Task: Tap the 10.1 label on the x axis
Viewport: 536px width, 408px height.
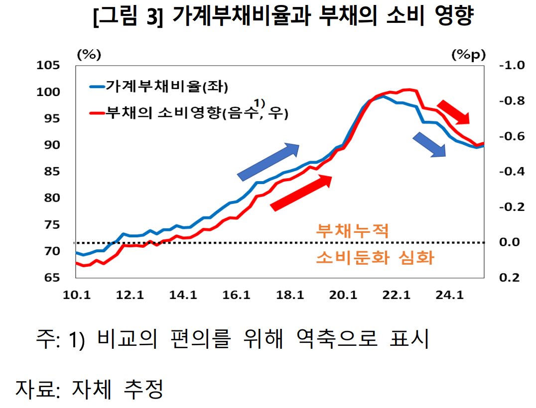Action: coord(76,296)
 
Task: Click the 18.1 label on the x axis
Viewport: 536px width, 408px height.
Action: coord(290,296)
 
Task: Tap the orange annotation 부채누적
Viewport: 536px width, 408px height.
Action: coord(352,230)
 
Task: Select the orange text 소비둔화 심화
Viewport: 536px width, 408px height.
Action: coord(375,258)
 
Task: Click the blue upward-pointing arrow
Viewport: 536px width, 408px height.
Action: coord(268,161)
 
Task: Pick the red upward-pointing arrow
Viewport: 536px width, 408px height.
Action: coord(302,193)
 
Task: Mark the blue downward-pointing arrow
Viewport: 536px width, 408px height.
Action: coord(429,145)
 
